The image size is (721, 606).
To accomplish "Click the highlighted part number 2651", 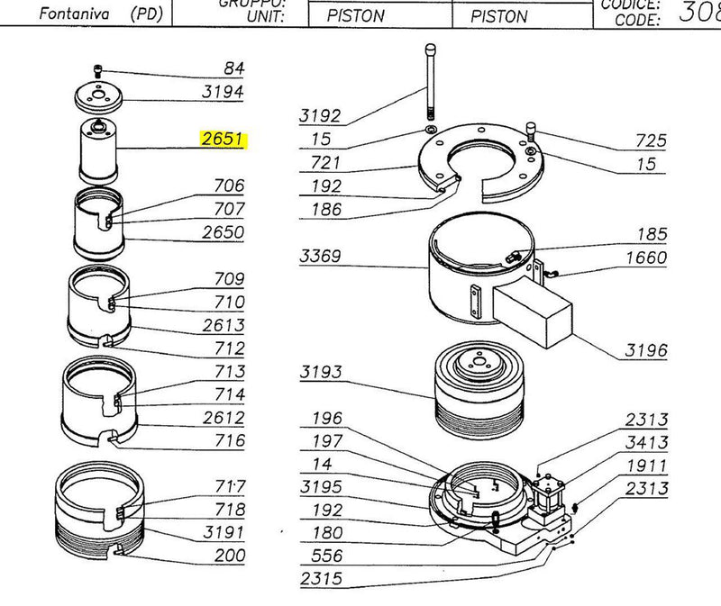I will (223, 140).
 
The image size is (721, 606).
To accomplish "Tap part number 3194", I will (223, 92).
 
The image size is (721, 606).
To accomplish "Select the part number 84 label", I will (233, 68).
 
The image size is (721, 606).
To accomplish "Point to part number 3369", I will (320, 258).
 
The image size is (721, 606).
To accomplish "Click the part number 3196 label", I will (646, 349).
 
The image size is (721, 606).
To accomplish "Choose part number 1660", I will (646, 258).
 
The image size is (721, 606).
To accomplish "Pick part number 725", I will (651, 140).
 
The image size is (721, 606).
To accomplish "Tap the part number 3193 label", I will (321, 372).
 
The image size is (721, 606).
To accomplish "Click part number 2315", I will (321, 578).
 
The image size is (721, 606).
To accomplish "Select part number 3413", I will (647, 442).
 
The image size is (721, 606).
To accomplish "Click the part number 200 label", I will (229, 556).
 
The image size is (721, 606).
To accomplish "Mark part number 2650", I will (223, 232).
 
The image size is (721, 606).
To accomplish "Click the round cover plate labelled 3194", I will (97, 95).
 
